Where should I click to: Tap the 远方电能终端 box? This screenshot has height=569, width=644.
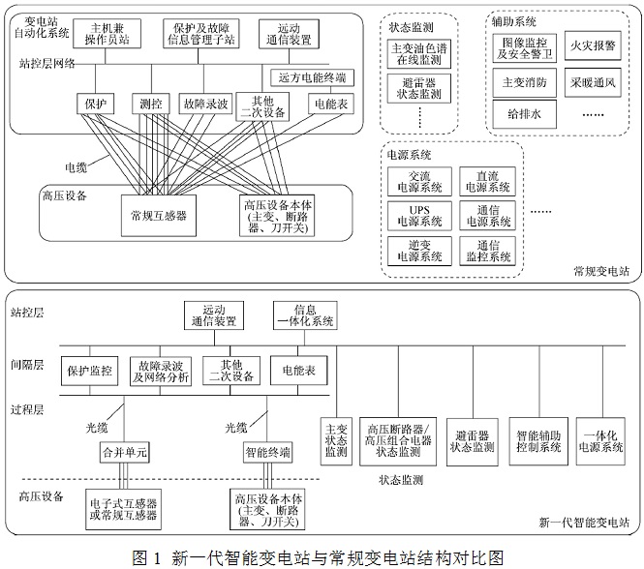[312, 77]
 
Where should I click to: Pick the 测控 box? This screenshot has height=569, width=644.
[149, 103]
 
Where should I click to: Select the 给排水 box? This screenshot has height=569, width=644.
[525, 113]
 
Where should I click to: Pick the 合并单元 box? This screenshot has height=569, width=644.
[126, 452]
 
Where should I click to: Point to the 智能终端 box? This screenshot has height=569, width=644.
[268, 452]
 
